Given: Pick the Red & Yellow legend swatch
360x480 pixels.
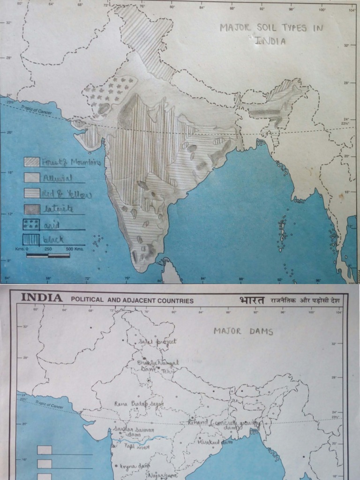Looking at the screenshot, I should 32,194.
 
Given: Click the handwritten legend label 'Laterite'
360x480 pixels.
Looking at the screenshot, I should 58,209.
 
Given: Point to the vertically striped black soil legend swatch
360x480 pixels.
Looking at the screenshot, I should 32,239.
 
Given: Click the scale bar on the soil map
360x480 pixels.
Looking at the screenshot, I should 48,255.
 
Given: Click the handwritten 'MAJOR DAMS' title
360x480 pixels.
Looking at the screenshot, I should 243,331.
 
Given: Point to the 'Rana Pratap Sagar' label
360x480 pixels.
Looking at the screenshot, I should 133,404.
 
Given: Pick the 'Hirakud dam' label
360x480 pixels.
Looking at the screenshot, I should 215,442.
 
